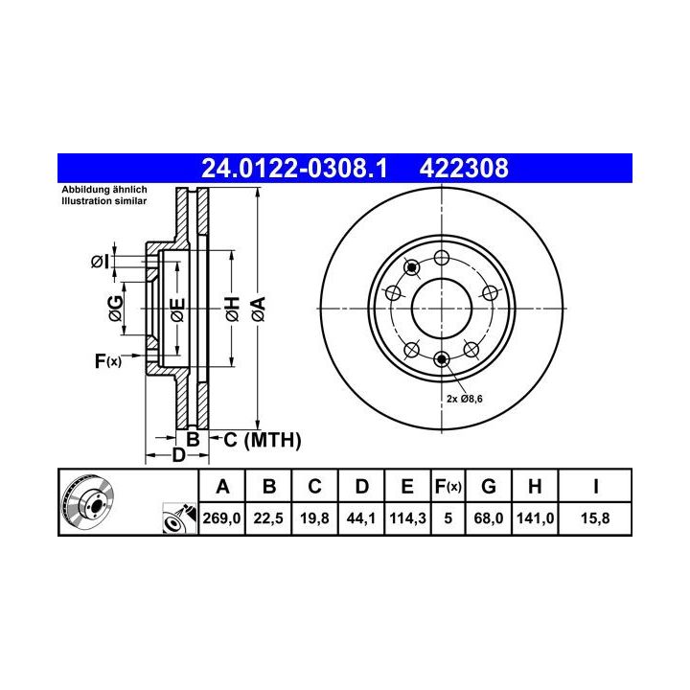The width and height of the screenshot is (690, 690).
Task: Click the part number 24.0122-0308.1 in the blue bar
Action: [x=294, y=168]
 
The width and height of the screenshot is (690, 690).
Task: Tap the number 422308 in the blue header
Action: [x=464, y=168]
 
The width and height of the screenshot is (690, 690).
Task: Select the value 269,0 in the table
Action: [x=221, y=517]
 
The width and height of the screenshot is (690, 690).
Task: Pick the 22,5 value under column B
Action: [x=268, y=517]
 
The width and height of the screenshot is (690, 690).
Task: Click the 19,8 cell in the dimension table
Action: [x=314, y=517]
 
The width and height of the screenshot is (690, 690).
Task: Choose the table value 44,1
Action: [x=361, y=517]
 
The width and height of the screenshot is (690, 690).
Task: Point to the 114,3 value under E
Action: [x=407, y=517]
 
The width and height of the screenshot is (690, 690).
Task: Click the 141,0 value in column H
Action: [x=535, y=517]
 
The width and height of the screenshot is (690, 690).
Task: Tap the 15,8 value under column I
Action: [x=595, y=517]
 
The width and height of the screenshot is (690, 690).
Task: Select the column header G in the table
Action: [x=489, y=487]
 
